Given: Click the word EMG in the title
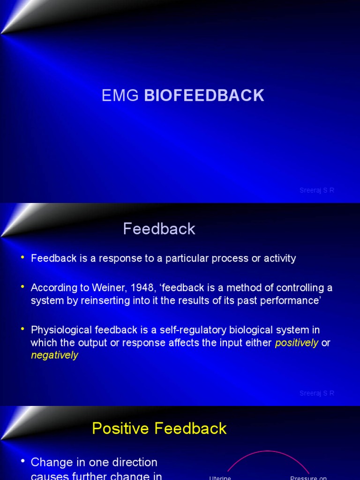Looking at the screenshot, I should point(120,96).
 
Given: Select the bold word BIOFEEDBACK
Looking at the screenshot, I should point(204,96).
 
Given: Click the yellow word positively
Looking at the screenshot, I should point(297,343).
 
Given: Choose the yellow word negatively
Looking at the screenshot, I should point(54,355).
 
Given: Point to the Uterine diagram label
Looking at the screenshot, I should point(220,478).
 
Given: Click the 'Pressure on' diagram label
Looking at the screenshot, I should point(308,478).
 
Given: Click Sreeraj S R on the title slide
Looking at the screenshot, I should point(317,190).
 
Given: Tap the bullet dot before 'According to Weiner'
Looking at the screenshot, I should point(22,287).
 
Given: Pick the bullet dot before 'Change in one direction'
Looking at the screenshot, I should point(22,461).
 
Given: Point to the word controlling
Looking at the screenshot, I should point(280,288).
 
